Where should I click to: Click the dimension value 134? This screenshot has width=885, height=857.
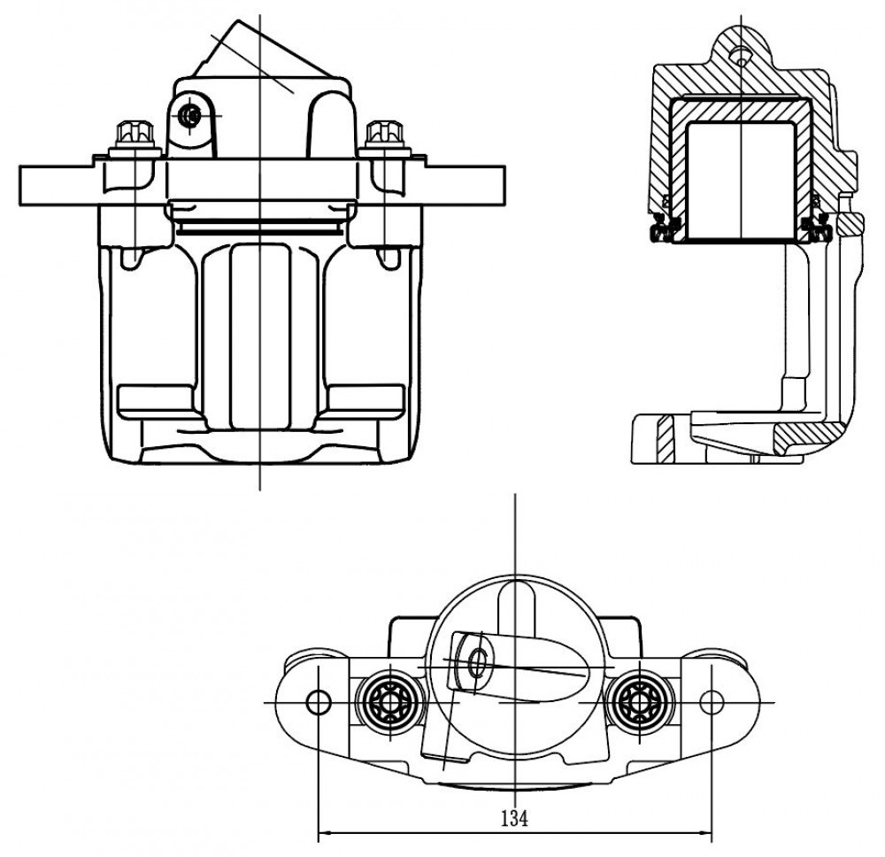tap(514, 817)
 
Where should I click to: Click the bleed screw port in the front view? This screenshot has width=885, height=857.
tap(189, 116)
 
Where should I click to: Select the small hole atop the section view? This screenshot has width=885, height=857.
tap(739, 55)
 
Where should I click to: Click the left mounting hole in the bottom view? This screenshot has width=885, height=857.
tap(318, 702)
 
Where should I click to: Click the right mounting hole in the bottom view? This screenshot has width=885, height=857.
tap(712, 702)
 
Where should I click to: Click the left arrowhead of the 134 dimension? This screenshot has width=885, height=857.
tap(325, 831)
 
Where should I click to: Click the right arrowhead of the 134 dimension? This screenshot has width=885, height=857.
tap(705, 831)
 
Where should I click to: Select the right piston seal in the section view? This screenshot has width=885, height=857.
tap(817, 226)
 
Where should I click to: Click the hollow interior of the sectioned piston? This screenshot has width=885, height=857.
tap(741, 181)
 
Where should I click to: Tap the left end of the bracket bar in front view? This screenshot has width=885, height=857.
tap(20, 186)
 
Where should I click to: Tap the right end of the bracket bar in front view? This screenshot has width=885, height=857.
tap(504, 186)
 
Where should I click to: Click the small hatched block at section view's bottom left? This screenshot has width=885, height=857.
tap(666, 438)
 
